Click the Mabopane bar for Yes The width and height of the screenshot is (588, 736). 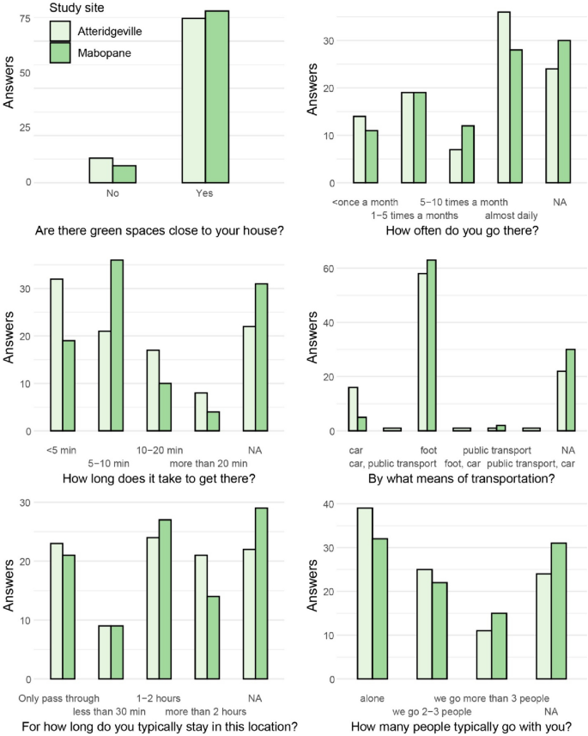tap(217, 96)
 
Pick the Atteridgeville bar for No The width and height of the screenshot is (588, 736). tap(100, 170)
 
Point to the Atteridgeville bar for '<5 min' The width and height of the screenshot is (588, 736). tap(56, 355)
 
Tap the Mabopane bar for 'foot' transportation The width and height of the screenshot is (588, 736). tap(431, 345)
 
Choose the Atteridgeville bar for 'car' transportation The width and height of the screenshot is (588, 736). tap(353, 409)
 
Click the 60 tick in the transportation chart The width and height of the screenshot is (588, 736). tap(330, 268)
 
